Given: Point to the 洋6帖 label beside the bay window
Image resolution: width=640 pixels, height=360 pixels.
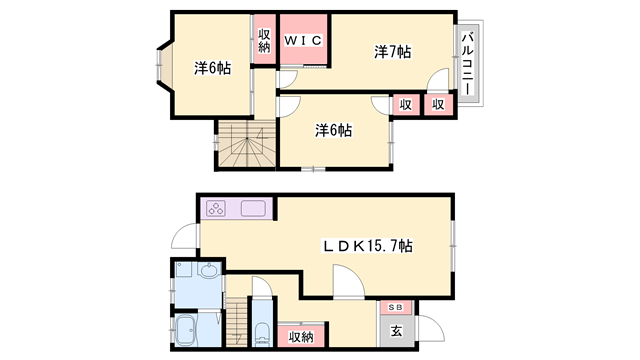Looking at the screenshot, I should point(212,68).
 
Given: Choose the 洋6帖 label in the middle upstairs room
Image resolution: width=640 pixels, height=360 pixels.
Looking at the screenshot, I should point(333,130).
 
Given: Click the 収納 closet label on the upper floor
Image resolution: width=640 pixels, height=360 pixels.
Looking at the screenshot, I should point(264,41).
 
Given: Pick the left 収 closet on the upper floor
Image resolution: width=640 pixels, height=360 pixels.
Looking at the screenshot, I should point(405,104).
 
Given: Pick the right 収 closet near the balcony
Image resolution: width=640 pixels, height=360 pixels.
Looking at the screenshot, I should point(438,104).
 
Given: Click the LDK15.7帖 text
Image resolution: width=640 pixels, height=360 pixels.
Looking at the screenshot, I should point(368,245).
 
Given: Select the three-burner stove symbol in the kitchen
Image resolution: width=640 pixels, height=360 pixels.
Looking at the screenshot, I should point(218,209).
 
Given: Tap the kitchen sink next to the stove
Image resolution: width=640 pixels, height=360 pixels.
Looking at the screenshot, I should point(252,209).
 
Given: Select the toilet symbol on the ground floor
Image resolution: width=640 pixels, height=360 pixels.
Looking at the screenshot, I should point(261,333).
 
